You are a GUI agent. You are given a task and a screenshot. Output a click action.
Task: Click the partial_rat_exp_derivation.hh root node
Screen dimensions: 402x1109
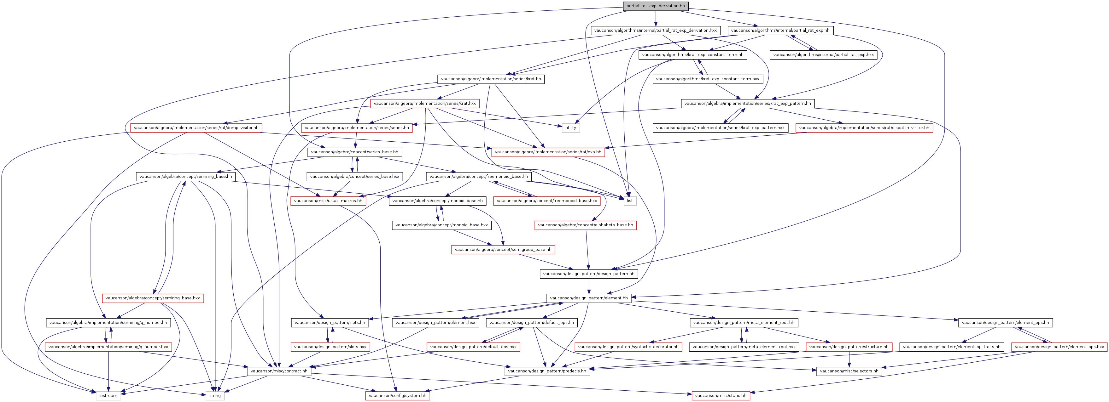655,6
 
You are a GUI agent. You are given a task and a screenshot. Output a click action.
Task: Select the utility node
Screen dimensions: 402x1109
570,128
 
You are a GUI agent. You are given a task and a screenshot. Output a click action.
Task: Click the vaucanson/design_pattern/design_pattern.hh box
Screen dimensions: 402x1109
588,274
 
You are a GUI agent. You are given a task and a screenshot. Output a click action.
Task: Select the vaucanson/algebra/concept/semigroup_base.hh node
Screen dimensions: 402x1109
503,249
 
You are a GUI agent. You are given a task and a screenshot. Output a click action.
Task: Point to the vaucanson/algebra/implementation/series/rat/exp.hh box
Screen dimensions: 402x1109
548,152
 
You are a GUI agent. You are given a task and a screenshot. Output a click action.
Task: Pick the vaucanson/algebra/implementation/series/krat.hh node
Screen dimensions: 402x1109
491,79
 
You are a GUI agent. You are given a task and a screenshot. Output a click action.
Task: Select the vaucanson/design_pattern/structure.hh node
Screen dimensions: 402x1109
849,347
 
